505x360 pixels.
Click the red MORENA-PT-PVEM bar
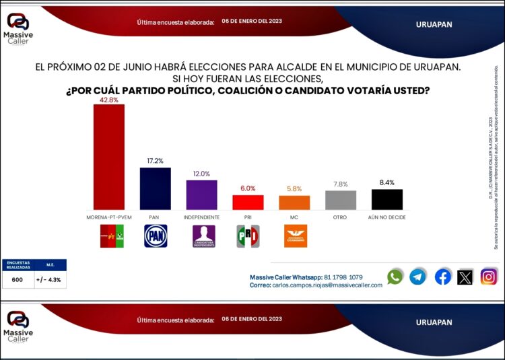[108, 157]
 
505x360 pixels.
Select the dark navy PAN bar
[155, 189]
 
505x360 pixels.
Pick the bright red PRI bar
[248, 203]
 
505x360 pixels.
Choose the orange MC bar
[294, 203]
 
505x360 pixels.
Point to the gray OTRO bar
[341, 201]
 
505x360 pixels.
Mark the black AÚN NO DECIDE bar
[387, 200]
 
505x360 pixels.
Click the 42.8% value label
[108, 100]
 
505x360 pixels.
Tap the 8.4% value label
[387, 183]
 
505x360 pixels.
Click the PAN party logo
[155, 236]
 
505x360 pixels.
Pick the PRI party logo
[248, 236]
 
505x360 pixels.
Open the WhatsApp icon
[395, 277]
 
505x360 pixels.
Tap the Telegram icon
[418, 277]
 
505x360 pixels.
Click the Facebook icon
[442, 277]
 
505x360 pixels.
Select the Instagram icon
[489, 277]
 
